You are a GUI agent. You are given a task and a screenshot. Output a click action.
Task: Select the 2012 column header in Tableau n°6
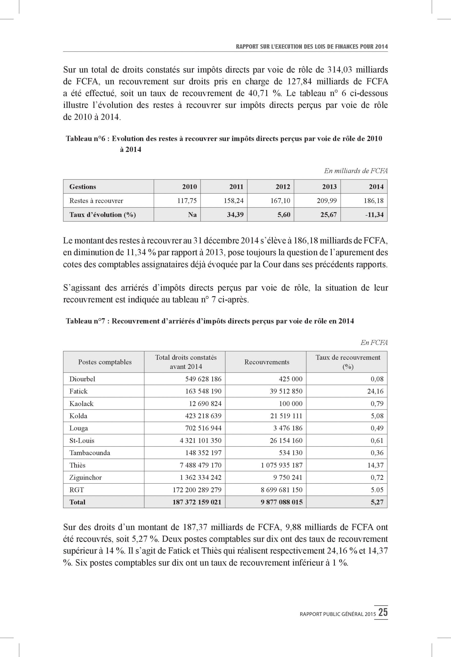(x=283, y=187)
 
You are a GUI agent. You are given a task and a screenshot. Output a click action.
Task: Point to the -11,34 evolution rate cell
(x=374, y=215)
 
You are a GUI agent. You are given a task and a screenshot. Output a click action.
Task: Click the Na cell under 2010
(x=192, y=215)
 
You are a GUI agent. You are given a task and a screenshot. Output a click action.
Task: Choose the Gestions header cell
(x=83, y=187)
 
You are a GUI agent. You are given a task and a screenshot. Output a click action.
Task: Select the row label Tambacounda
(x=90, y=453)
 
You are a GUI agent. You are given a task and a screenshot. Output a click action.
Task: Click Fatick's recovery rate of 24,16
(x=375, y=391)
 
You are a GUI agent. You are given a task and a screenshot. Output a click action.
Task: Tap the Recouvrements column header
(x=267, y=362)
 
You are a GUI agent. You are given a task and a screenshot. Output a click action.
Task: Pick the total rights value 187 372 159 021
(x=197, y=502)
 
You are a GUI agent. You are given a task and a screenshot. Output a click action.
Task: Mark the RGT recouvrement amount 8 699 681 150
(x=281, y=490)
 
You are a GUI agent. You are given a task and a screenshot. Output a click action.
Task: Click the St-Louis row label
(x=82, y=440)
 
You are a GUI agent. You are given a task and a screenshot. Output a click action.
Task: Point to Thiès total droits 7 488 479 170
(x=200, y=465)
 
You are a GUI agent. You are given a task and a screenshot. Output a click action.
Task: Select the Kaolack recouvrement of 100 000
(x=290, y=404)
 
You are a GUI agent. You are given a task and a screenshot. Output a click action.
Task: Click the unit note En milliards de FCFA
(x=356, y=171)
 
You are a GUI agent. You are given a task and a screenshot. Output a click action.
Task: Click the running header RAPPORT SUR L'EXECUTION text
(x=312, y=47)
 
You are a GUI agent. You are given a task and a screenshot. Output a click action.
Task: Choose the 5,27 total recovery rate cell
(x=377, y=502)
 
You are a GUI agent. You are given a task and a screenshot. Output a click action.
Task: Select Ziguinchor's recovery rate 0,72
(x=377, y=478)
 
